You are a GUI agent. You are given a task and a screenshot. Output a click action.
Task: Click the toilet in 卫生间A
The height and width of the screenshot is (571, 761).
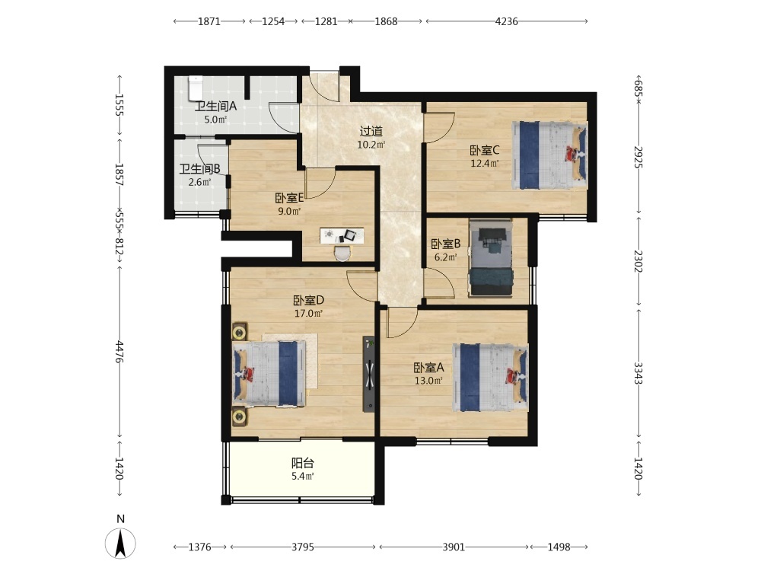pyautogui.click(x=195, y=88)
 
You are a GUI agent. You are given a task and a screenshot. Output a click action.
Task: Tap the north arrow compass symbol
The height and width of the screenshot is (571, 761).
pyautogui.click(x=120, y=543)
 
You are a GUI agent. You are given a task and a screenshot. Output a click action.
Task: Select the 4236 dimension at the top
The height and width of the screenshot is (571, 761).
pyautogui.click(x=506, y=21)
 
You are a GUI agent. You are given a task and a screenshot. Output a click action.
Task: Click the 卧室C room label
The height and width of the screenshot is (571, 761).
pyautogui.click(x=484, y=151)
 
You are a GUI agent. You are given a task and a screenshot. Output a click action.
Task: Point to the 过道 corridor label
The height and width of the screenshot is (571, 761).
pyautogui.click(x=371, y=131)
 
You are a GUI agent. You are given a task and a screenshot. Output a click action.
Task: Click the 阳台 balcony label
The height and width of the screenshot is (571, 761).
pyautogui.click(x=303, y=463)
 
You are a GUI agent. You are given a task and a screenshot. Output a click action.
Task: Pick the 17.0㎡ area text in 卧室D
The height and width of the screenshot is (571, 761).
pyautogui.click(x=308, y=314)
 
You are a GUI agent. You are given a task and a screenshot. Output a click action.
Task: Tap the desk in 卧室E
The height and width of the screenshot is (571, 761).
pyautogui.click(x=342, y=235)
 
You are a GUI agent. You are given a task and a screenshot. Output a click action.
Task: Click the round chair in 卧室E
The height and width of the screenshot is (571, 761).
pyautogui.click(x=342, y=253)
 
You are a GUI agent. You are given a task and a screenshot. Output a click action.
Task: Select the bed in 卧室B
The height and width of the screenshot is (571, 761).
pyautogui.click(x=491, y=258)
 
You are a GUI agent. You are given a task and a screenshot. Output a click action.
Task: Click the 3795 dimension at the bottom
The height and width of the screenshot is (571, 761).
pyautogui.click(x=303, y=547)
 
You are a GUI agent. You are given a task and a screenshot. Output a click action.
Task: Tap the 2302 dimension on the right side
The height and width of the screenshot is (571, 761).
pyautogui.click(x=638, y=261)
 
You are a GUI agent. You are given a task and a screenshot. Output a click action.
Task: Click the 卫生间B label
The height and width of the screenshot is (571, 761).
pyautogui.click(x=200, y=169)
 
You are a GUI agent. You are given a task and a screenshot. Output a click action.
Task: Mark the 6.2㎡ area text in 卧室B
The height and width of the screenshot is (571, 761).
pyautogui.click(x=445, y=257)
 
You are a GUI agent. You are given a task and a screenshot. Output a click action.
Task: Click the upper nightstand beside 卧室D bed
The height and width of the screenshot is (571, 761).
pyautogui.click(x=240, y=333)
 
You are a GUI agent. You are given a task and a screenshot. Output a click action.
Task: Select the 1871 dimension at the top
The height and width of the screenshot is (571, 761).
pyautogui.click(x=209, y=21)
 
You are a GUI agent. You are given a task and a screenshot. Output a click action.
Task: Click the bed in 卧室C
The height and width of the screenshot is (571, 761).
pyautogui.click(x=549, y=155)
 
